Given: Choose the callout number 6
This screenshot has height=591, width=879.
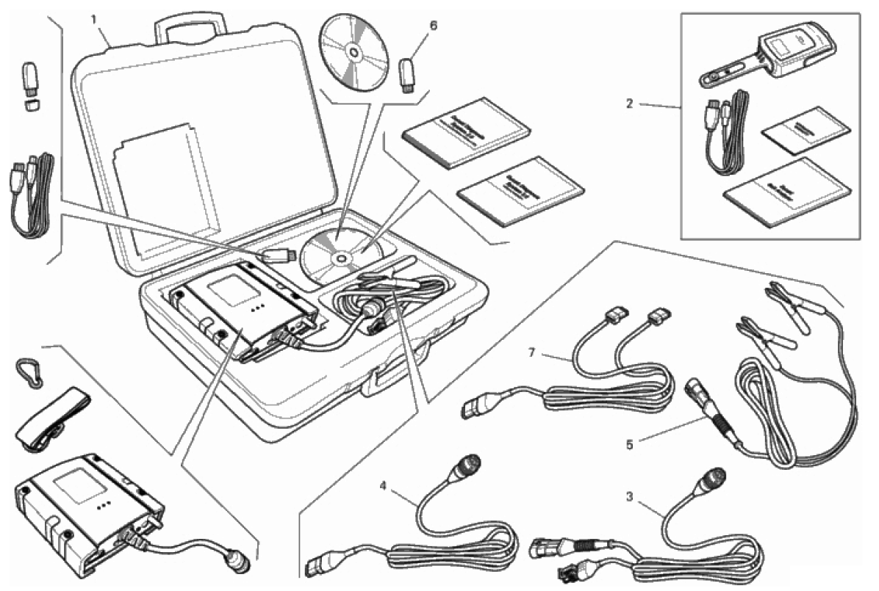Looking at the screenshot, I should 433,26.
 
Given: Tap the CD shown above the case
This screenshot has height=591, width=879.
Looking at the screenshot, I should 353,51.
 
